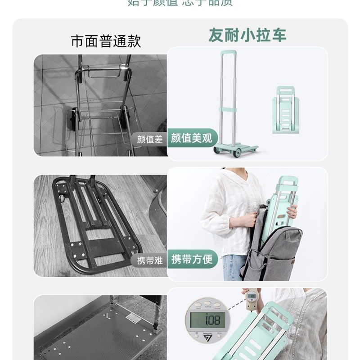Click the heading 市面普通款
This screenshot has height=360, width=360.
106,41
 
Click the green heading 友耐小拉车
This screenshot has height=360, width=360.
247,35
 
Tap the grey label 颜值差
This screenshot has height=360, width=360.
150,139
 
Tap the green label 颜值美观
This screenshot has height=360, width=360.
192,138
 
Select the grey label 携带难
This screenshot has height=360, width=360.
150,260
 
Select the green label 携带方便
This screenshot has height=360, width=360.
192,259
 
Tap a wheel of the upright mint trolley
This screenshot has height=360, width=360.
237,153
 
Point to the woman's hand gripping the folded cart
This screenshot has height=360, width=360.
292,211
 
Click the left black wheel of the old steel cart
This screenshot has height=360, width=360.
72,119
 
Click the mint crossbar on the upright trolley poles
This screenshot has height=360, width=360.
228,109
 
